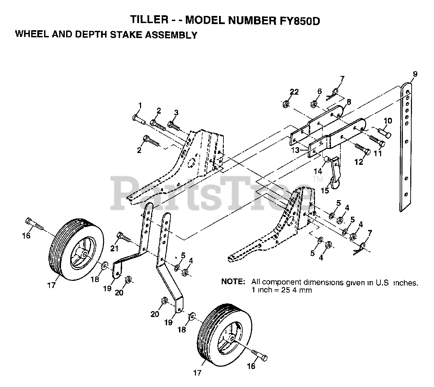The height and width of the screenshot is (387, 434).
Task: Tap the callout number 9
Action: tap(415, 74)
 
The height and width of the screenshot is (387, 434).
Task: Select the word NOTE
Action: tap(233, 282)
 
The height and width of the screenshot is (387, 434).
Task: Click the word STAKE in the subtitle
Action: tap(131, 35)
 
